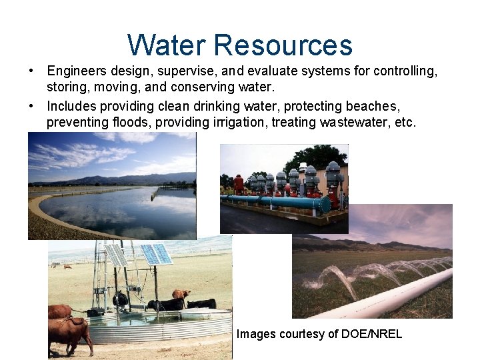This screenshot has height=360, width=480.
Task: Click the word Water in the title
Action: click(167, 45)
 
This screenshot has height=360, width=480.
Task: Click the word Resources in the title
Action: click(283, 45)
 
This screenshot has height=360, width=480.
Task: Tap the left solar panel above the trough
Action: click(116, 255)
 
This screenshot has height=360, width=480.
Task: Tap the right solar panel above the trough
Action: click(155, 254)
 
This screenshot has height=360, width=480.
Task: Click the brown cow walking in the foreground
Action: click(69, 332)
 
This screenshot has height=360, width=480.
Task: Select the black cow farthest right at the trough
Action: click(202, 303)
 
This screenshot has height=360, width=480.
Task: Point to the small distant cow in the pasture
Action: click(67, 267)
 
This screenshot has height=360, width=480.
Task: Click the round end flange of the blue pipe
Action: click(326, 204)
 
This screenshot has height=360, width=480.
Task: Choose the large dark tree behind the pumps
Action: click(327, 157)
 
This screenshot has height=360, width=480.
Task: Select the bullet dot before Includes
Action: click(32, 106)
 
